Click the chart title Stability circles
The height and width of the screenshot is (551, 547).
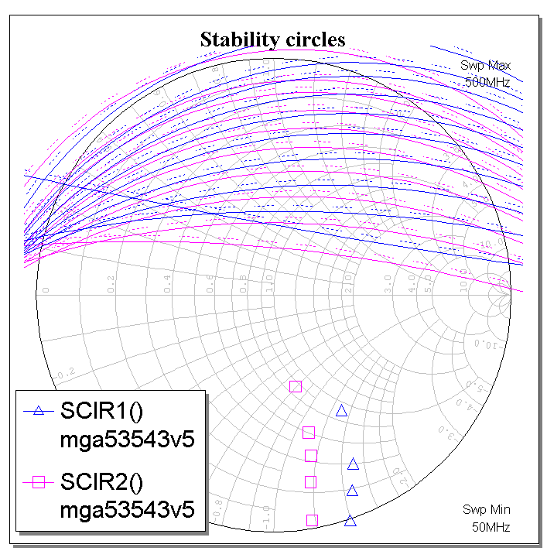[x=272, y=39]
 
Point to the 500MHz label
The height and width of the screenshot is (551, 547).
[x=487, y=81]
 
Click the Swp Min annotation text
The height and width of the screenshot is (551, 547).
[x=487, y=509]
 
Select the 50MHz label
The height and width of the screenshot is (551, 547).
[x=491, y=526]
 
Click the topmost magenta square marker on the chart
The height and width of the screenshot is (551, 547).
[x=295, y=386]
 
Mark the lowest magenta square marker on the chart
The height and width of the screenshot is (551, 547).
[x=313, y=520]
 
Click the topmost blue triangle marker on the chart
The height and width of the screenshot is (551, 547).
[x=341, y=411]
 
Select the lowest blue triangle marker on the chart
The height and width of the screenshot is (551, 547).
[x=350, y=521]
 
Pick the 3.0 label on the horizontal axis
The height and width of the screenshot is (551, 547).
[x=388, y=288]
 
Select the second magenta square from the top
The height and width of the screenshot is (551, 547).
[x=309, y=433]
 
